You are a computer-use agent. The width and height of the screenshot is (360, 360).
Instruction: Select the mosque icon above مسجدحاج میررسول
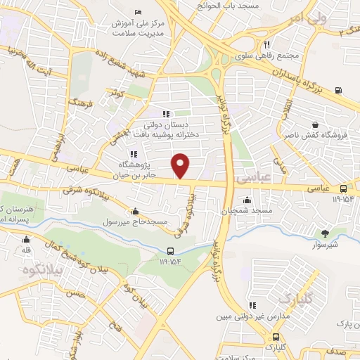136,211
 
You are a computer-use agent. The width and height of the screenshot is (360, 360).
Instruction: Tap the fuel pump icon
340,89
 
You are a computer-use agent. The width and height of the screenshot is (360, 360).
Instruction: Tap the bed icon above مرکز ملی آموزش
137,13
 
